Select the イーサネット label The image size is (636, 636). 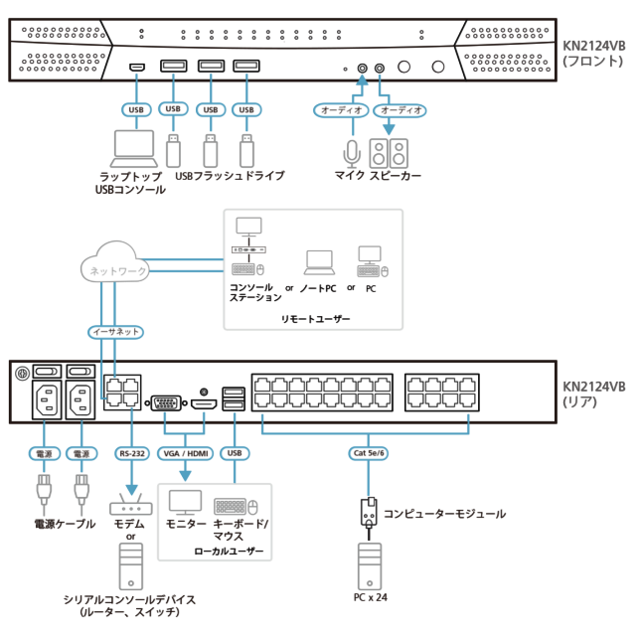pos(115,332)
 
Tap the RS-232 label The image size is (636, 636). pos(131,453)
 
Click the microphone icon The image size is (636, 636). pos(351,152)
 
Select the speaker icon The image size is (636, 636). pos(389,152)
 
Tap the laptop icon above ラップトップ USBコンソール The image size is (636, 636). pos(134,149)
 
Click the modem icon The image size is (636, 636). pos(130,506)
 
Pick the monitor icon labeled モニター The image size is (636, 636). pos(185,502)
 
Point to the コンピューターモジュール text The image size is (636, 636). pos(444,514)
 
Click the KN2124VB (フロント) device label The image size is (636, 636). pos(594,52)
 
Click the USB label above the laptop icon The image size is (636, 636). pos(135,109)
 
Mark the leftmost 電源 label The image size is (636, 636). pos(44,453)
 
